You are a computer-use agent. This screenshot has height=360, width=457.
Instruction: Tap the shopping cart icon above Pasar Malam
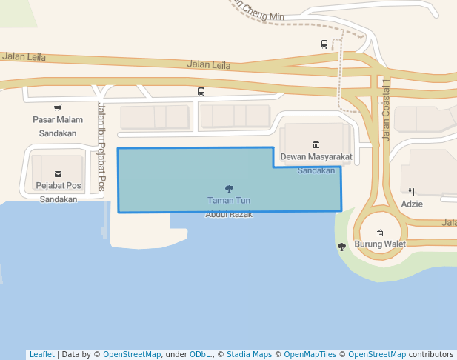coord(58,108)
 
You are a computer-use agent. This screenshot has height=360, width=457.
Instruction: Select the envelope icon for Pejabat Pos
coord(58,175)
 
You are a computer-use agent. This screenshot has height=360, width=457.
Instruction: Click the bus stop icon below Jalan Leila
coord(201,92)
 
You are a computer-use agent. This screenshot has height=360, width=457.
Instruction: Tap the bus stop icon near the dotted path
coord(324,44)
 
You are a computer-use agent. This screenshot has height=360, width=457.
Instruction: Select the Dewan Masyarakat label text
coord(316,156)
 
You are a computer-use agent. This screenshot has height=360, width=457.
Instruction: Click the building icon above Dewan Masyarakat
coord(316,144)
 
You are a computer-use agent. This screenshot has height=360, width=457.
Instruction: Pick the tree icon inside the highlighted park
coord(229,189)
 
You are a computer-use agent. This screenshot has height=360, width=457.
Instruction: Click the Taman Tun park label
coord(229,201)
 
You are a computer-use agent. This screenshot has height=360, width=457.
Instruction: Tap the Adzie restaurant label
coord(412,204)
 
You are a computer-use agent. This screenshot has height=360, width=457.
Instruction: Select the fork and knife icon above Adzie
coord(412,192)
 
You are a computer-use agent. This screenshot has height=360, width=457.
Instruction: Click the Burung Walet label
coord(380,244)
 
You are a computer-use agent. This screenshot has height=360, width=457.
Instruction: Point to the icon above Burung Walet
coord(380,233)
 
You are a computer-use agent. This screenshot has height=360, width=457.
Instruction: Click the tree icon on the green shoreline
coord(341,247)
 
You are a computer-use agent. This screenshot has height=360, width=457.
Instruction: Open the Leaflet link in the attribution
coord(41,354)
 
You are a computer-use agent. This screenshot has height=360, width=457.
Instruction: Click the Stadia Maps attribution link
coord(248,354)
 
